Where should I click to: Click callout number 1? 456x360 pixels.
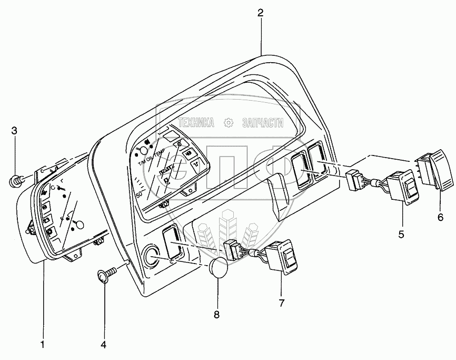tap(43, 345)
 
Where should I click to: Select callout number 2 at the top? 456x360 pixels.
tap(260, 13)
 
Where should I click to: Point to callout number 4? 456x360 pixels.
tap(103, 345)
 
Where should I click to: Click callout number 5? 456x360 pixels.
tap(401, 234)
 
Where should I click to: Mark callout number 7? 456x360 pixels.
tap(281, 303)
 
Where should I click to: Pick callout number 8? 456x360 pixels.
tap(216, 314)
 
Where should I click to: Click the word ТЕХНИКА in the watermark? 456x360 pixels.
tap(196, 123)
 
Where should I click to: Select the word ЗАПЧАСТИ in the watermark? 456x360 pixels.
tap(259, 123)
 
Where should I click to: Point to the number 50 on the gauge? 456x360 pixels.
tap(140, 194)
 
